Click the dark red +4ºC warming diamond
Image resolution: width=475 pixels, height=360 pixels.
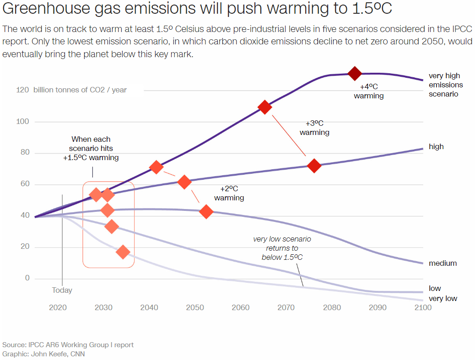pyautogui.click(x=355, y=73)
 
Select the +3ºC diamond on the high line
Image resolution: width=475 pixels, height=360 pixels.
pyautogui.click(x=314, y=166)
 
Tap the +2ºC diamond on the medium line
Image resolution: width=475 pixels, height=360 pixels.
pyautogui.click(x=206, y=212)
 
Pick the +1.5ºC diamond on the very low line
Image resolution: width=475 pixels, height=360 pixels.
pyautogui.click(x=123, y=252)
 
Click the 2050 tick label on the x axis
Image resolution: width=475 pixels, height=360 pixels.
pyautogui.click(x=195, y=307)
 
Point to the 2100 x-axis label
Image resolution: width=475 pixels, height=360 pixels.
pyautogui.click(x=422, y=307)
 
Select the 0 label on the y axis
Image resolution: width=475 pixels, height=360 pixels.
pyautogui.click(x=27, y=278)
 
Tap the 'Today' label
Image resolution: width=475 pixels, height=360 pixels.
pyautogui.click(x=62, y=290)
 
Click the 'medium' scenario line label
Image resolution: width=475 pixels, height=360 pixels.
pyautogui.click(x=443, y=263)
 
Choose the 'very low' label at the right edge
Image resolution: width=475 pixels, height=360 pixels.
pyautogui.click(x=443, y=299)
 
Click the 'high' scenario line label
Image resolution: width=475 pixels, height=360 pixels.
pyautogui.click(x=436, y=147)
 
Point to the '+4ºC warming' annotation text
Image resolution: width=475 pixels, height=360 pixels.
pyautogui.click(x=368, y=91)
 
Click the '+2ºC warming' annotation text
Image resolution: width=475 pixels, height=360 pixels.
pyautogui.click(x=229, y=193)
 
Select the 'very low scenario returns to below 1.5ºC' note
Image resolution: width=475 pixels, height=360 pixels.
pyautogui.click(x=282, y=248)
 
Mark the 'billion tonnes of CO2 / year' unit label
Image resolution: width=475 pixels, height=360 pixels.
pyautogui.click(x=80, y=90)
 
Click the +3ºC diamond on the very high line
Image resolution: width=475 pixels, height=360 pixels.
pyautogui.click(x=264, y=107)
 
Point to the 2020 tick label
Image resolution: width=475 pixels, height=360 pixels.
pyautogui.click(x=58, y=307)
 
